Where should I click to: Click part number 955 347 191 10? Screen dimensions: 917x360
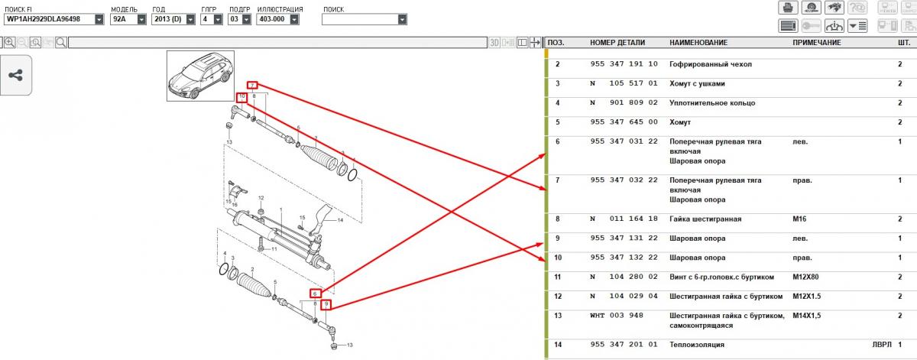tap(624, 64)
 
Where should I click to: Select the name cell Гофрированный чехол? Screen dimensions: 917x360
tap(710, 64)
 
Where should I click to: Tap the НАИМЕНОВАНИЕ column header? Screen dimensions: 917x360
tap(698, 43)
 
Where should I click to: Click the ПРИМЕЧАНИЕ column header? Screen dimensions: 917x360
tap(817, 43)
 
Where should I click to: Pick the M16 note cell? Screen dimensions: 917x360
tap(799, 219)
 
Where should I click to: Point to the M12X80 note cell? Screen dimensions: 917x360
tap(805, 277)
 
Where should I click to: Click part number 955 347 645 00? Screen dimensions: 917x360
tap(624, 122)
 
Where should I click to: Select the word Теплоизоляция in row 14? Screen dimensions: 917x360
tap(697, 345)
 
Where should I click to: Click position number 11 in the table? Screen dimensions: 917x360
tap(558, 277)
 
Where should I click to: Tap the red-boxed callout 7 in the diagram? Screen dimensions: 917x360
tap(253, 85)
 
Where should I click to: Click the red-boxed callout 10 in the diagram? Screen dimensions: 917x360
tap(242, 98)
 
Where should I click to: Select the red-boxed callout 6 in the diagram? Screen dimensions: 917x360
tap(315, 294)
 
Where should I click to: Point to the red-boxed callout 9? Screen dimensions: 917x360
tap(326, 304)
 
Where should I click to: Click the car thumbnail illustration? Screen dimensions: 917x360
tap(200, 76)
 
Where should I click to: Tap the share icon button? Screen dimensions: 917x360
tap(16, 76)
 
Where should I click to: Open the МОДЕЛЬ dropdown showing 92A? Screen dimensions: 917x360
tap(128, 19)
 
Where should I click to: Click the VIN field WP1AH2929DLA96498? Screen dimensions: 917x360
tap(53, 19)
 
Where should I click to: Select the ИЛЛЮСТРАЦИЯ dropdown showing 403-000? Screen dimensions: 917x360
tap(277, 19)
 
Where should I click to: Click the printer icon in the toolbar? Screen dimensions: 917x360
tap(788, 8)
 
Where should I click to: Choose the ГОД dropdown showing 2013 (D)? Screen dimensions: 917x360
tap(173, 19)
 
